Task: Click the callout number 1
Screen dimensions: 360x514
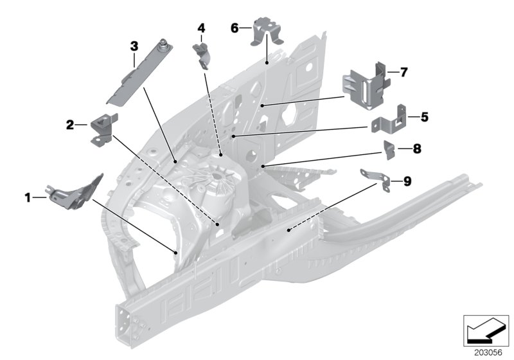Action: (28, 199)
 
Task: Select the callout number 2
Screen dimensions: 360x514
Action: (70, 125)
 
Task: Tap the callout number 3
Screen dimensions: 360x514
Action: (134, 46)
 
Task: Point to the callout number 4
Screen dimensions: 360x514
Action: (201, 28)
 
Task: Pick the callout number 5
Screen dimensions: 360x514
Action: (424, 117)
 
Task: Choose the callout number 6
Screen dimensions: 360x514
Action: (235, 28)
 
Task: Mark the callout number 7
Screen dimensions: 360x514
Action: (403, 73)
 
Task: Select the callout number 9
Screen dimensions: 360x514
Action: (406, 182)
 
